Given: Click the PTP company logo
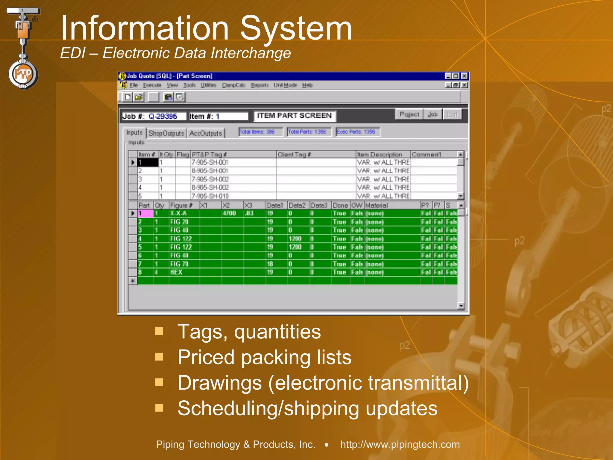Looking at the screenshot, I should click(23, 73).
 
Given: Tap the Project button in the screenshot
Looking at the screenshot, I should click(409, 114).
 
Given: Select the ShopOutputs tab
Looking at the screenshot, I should click(166, 133).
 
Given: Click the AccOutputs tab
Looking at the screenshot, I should click(206, 133).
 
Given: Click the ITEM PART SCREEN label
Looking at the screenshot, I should click(295, 116).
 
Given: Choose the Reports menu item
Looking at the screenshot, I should click(260, 85).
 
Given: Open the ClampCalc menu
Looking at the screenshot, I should click(233, 85).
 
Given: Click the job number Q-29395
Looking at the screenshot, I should click(163, 116).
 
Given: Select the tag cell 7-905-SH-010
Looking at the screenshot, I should click(210, 196).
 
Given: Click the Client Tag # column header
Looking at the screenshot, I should click(294, 154).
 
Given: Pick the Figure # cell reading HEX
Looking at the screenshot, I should click(176, 272).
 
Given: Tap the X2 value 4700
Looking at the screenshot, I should click(229, 213).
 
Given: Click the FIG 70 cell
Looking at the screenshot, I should click(179, 264).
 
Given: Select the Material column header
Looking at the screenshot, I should click(377, 205).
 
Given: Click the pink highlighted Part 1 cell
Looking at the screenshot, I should click(145, 213).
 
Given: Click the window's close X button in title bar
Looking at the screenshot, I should click(464, 76).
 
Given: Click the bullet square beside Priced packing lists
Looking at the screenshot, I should click(159, 357).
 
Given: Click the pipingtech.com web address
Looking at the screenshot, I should click(400, 444).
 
